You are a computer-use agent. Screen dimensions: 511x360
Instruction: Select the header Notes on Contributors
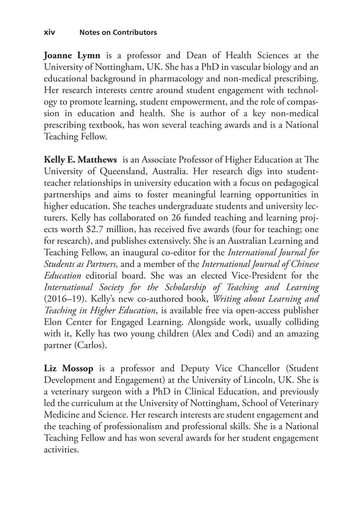(118, 33)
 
